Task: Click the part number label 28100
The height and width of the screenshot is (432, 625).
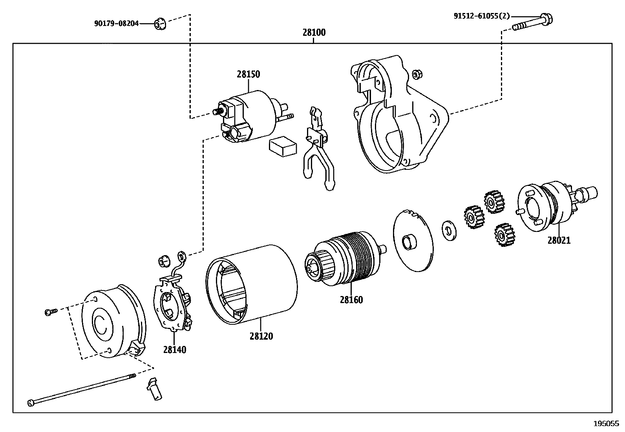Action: [314, 33]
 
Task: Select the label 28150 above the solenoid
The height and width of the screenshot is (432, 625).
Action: [248, 74]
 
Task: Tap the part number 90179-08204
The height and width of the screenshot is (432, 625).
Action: [116, 24]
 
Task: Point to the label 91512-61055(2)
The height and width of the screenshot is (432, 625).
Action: [481, 16]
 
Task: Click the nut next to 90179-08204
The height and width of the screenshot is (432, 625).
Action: [159, 24]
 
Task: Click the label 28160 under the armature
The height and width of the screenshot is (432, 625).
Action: [351, 300]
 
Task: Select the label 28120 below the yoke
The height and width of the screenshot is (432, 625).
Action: [261, 336]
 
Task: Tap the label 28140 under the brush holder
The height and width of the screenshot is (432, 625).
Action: [175, 349]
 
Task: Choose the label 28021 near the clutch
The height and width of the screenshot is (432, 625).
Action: [559, 240]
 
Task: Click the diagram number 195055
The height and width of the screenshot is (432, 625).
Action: [606, 424]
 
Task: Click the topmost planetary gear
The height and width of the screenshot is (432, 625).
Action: [493, 202]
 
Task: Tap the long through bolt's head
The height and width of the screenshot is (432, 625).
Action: [32, 403]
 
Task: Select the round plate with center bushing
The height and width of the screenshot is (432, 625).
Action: [412, 241]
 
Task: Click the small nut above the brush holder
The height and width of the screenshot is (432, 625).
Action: [163, 261]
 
